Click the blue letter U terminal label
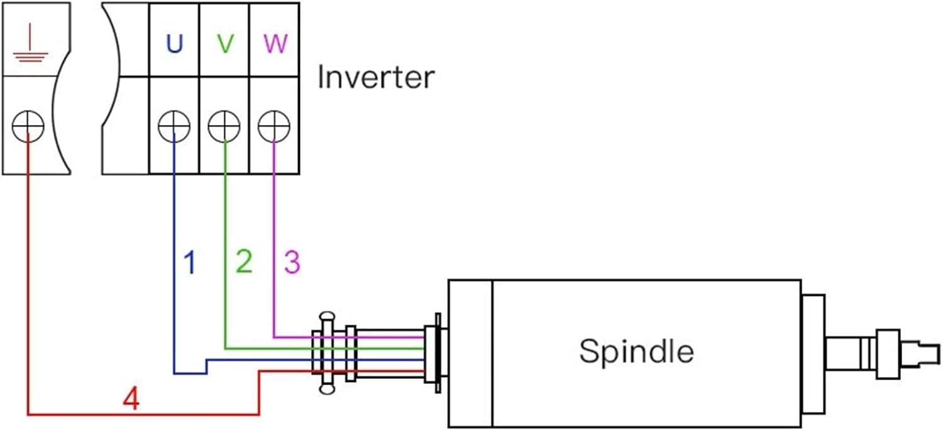(x=174, y=43)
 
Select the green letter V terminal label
(x=224, y=43)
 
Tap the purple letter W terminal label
(x=275, y=43)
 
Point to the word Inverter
(x=375, y=77)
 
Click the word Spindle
(x=636, y=351)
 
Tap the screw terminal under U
(x=174, y=127)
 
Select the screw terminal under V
(x=224, y=127)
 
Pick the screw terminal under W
(x=274, y=127)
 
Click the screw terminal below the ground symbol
(x=28, y=127)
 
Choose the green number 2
(x=244, y=261)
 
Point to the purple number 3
(x=292, y=262)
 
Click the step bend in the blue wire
(x=206, y=367)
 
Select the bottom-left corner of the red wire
(x=28, y=414)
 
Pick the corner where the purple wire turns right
(x=274, y=336)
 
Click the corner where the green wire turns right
(x=225, y=347)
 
